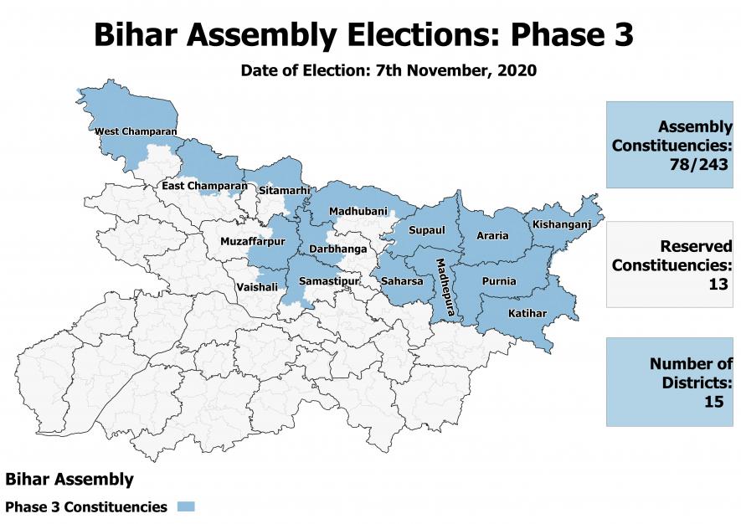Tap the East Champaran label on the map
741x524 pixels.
pyautogui.click(x=204, y=185)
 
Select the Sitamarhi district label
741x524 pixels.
pyautogui.click(x=280, y=191)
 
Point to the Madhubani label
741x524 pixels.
pyautogui.click(x=358, y=212)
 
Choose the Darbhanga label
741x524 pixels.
pyautogui.click(x=338, y=249)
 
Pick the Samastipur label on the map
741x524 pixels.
pyautogui.click(x=329, y=281)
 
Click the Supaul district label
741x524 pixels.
pyautogui.click(x=426, y=230)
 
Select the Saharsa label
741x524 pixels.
pyautogui.click(x=402, y=281)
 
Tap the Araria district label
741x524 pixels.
pyautogui.click(x=492, y=236)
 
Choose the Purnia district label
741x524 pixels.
pyautogui.click(x=499, y=281)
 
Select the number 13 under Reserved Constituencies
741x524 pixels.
pyautogui.click(x=718, y=284)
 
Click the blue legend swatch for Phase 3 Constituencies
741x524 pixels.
pyautogui.click(x=185, y=506)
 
